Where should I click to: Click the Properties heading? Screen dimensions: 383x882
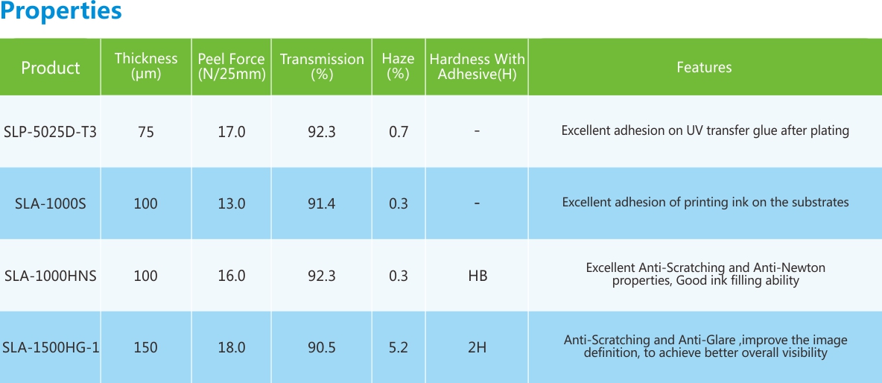(x=61, y=12)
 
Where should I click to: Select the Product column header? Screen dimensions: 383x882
(x=50, y=68)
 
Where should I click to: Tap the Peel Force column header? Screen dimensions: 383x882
(x=231, y=66)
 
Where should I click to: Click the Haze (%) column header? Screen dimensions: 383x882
(x=399, y=66)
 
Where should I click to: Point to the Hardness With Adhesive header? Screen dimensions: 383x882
(x=477, y=66)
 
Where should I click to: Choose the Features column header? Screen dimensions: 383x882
(x=704, y=67)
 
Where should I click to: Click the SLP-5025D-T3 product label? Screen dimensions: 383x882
(x=50, y=132)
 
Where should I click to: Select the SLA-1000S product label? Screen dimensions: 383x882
(x=50, y=203)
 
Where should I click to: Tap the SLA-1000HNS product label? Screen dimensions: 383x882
(x=50, y=276)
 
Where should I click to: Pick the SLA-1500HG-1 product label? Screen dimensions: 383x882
(x=50, y=347)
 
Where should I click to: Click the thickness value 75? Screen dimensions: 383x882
(x=146, y=132)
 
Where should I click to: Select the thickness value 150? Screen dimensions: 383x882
(x=146, y=347)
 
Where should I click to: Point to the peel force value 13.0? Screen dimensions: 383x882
(x=231, y=203)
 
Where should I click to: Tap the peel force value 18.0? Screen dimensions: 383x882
(x=231, y=347)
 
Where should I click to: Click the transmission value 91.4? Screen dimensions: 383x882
(x=321, y=203)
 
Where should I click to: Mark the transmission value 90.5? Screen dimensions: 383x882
(x=321, y=347)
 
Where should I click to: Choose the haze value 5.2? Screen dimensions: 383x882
(x=399, y=347)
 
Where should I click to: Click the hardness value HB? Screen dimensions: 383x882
(x=478, y=276)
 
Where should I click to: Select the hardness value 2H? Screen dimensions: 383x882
(x=477, y=347)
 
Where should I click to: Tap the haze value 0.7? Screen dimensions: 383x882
(x=399, y=132)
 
